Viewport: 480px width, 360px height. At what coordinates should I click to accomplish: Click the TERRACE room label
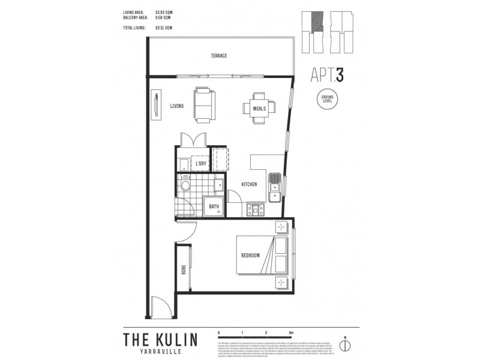click(218, 56)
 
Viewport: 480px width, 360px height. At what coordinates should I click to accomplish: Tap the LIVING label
click(176, 106)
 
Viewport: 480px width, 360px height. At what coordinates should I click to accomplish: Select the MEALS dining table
click(260, 109)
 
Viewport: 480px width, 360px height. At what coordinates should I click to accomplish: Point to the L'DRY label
click(201, 164)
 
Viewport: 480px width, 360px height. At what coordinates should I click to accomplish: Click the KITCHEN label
click(249, 184)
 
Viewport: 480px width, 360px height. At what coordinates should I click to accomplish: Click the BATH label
click(214, 207)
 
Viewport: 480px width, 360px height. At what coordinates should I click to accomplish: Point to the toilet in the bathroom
click(185, 188)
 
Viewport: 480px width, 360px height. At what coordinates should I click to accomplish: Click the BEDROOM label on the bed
click(251, 255)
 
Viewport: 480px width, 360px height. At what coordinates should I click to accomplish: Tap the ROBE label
click(184, 271)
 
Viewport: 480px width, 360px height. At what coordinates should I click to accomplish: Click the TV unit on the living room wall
click(156, 106)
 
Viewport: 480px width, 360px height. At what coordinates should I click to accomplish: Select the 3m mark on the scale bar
click(290, 332)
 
